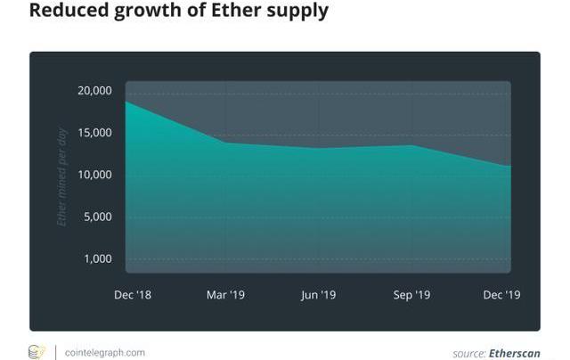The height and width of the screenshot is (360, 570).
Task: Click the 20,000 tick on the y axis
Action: pyautogui.click(x=94, y=91)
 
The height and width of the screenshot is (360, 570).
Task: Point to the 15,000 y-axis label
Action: pyautogui.click(x=94, y=133)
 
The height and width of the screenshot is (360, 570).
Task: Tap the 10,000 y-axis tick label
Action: pyautogui.click(x=94, y=175)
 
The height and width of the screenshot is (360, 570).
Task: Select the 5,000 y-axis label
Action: pyautogui.click(x=96, y=217)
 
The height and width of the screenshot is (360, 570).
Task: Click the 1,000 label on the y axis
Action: pyautogui.click(x=96, y=258)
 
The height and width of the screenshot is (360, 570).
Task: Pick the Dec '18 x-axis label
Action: pyautogui.click(x=133, y=295)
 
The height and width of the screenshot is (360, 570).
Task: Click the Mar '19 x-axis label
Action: pyautogui.click(x=225, y=295)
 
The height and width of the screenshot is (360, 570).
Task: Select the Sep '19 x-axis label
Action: pyautogui.click(x=411, y=295)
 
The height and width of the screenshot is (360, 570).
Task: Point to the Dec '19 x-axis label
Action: pyautogui.click(x=502, y=295)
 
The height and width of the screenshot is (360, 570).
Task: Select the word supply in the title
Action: pyautogui.click(x=292, y=12)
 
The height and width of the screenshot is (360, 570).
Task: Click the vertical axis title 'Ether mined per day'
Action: pyautogui.click(x=62, y=176)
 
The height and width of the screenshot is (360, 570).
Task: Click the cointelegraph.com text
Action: pyautogui.click(x=106, y=352)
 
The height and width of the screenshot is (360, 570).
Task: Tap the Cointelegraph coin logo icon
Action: pyautogui.click(x=37, y=351)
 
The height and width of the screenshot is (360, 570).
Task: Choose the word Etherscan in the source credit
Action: pyautogui.click(x=515, y=353)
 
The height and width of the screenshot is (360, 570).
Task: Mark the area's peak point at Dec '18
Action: pyautogui.click(x=126, y=102)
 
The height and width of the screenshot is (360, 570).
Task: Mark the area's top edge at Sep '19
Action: pyautogui.click(x=411, y=145)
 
